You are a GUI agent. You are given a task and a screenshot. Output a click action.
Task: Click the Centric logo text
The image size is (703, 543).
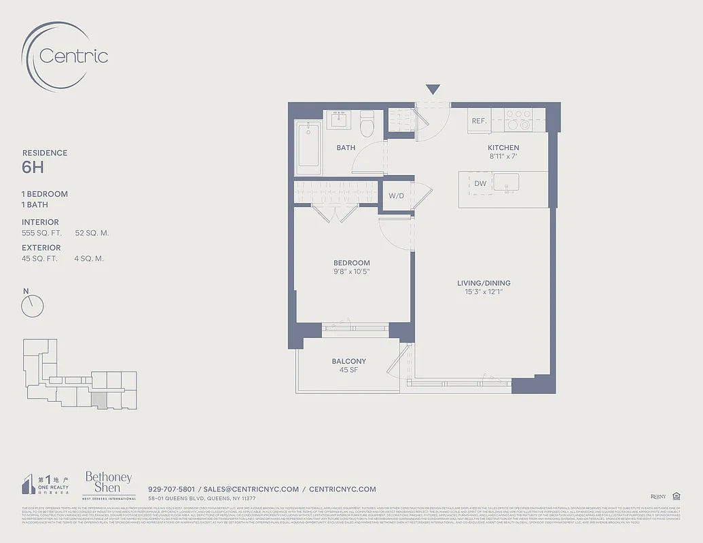[73, 56]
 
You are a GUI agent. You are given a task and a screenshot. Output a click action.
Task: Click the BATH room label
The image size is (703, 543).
[346, 147]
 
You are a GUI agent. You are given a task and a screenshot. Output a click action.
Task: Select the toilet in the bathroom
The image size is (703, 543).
[367, 124]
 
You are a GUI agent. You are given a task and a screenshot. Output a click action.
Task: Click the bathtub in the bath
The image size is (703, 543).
[309, 147]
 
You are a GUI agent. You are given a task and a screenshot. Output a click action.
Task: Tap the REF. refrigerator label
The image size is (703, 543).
[480, 121]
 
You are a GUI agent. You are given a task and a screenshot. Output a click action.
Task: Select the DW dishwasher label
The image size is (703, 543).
[480, 183]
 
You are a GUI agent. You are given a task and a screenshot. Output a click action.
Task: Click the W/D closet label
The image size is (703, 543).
[397, 196]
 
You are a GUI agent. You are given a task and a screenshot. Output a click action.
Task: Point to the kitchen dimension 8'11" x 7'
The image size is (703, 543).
[503, 157]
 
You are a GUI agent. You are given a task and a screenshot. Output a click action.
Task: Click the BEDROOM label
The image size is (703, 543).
[352, 263]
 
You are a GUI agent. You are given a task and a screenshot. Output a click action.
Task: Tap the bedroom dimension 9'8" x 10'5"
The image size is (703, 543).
[352, 272]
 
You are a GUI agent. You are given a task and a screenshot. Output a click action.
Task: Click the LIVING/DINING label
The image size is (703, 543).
[484, 283]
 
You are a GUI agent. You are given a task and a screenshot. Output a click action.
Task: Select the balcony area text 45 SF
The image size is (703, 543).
[349, 370]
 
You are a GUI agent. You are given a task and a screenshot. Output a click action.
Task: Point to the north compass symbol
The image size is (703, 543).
[32, 305]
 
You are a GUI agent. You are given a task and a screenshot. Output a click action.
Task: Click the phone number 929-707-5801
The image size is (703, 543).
[171, 489]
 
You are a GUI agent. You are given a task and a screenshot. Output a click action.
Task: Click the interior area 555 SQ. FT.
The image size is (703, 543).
[41, 233]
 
